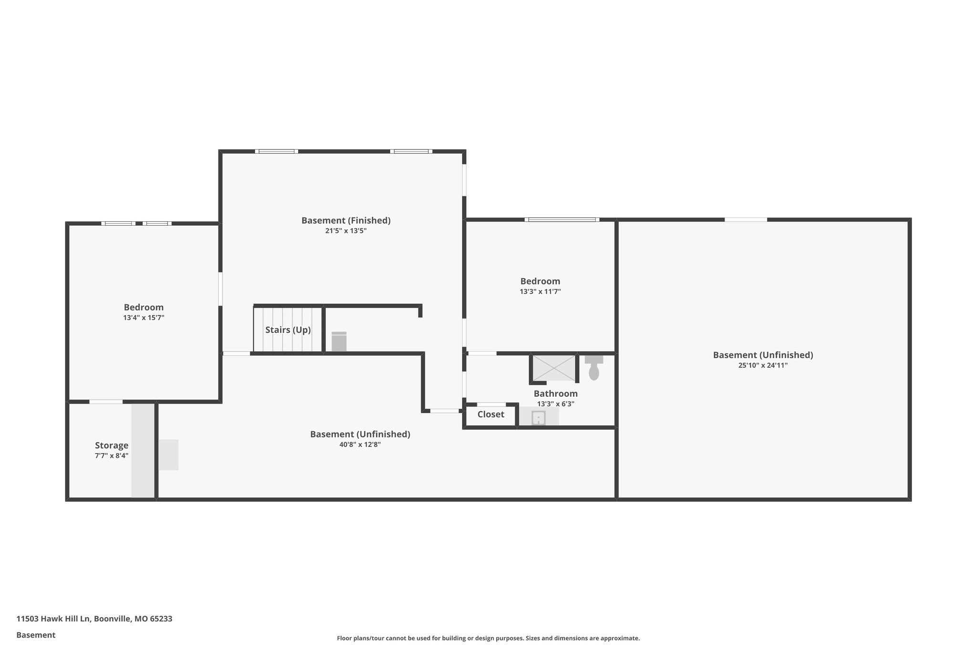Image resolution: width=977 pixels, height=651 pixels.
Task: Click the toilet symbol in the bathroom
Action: pyautogui.click(x=594, y=368)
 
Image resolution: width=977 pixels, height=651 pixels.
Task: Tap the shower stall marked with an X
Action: pyautogui.click(x=553, y=368)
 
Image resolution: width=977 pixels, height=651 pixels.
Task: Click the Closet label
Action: pyautogui.click(x=490, y=414)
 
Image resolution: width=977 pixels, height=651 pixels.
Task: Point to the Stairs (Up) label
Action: pyautogui.click(x=288, y=330)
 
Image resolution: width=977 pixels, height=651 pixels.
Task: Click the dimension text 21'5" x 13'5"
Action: pyautogui.click(x=346, y=231)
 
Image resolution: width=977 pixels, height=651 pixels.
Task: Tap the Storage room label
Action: pyautogui.click(x=112, y=445)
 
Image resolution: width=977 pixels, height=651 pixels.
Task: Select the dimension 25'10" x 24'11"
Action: pyautogui.click(x=763, y=365)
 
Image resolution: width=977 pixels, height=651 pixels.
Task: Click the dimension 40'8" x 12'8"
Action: pyautogui.click(x=360, y=444)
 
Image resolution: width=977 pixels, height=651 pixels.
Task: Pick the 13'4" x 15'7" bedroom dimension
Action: pyautogui.click(x=144, y=318)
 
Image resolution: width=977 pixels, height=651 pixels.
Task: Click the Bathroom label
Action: pyautogui.click(x=555, y=393)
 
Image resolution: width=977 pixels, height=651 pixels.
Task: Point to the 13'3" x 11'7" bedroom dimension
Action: pyautogui.click(x=540, y=291)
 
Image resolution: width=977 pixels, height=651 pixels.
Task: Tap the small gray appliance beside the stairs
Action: pyautogui.click(x=339, y=341)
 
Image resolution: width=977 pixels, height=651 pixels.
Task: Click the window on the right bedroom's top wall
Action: pyautogui.click(x=562, y=220)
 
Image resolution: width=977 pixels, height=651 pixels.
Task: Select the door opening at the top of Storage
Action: pyautogui.click(x=106, y=402)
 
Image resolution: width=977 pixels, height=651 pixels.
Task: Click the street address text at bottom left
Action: pyautogui.click(x=94, y=619)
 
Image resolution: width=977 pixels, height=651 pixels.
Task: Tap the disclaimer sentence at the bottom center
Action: pyautogui.click(x=488, y=638)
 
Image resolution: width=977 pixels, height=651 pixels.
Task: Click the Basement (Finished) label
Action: pyautogui.click(x=346, y=220)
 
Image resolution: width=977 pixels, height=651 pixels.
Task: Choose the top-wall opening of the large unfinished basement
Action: pyautogui.click(x=746, y=220)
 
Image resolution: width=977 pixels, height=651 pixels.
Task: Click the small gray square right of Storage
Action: pyautogui.click(x=168, y=455)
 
